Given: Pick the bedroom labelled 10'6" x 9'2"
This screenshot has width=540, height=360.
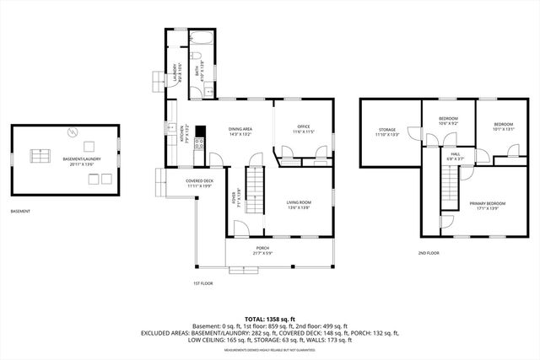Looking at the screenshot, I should (x=448, y=121).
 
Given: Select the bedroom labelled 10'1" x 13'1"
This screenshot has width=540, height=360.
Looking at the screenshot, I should (x=503, y=126).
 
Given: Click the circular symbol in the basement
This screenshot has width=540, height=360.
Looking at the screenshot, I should (x=72, y=132).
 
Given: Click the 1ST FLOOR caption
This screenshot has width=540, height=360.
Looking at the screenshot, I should (x=203, y=282).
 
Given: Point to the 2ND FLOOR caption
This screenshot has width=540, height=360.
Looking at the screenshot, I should (x=429, y=253).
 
